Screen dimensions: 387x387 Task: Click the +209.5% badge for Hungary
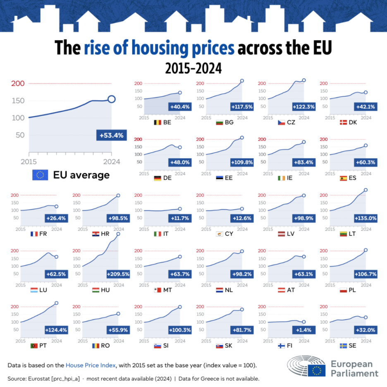click(x=118, y=274)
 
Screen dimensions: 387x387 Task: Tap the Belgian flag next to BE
click(x=158, y=122)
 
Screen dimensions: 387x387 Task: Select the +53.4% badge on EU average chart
click(x=111, y=135)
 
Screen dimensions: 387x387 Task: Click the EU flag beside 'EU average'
click(x=41, y=175)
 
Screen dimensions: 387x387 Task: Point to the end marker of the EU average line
click(x=111, y=99)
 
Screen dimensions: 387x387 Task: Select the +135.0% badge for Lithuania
click(x=365, y=218)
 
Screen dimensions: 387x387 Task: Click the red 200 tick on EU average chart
click(x=19, y=84)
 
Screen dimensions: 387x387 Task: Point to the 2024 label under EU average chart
click(x=112, y=162)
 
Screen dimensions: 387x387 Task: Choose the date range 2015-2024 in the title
click(x=193, y=67)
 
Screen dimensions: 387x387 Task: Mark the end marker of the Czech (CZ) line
click(x=304, y=80)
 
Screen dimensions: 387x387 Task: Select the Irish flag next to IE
click(x=281, y=178)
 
